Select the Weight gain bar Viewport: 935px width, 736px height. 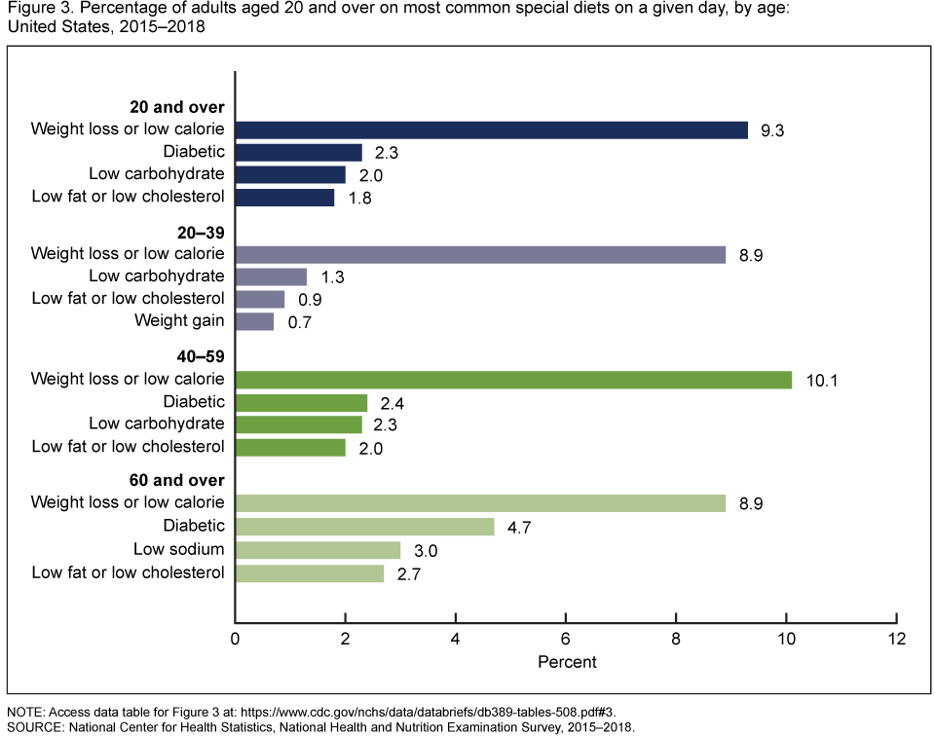pos(254,321)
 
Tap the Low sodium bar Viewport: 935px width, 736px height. pos(318,550)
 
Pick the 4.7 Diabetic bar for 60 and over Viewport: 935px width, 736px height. pos(364,527)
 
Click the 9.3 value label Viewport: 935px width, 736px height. pos(772,130)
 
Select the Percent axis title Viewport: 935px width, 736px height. pos(567,662)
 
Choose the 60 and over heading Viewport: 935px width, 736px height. pos(177,480)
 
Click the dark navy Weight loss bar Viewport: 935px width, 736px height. pos(491,130)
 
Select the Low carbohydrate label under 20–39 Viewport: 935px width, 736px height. pos(157,276)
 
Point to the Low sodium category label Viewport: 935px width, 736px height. pos(179,549)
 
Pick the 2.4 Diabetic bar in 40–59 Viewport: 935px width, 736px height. pos(301,402)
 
